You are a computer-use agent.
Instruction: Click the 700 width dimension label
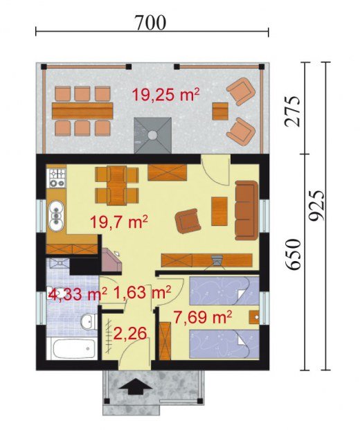coord(150,22)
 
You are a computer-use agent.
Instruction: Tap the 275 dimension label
coord(292,111)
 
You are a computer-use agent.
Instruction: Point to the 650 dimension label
coord(293,254)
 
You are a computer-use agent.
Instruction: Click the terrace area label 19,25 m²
coord(165,95)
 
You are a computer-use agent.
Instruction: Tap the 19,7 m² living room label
coord(119,222)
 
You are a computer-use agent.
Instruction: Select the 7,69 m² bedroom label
coord(202,317)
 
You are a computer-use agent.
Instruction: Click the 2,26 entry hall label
coord(130,334)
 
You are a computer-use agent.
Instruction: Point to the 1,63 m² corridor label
coord(142,293)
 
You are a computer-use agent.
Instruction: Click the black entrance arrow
coord(136,386)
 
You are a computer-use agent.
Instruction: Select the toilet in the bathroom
coord(89,321)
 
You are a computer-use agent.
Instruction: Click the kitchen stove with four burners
coord(57,178)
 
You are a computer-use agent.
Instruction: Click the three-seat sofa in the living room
coord(246,210)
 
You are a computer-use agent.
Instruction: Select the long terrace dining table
coord(82,111)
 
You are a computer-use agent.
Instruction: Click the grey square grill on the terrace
coord(152,135)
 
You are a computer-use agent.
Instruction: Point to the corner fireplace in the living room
coord(111,260)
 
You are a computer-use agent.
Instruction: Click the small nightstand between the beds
coord(254,317)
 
